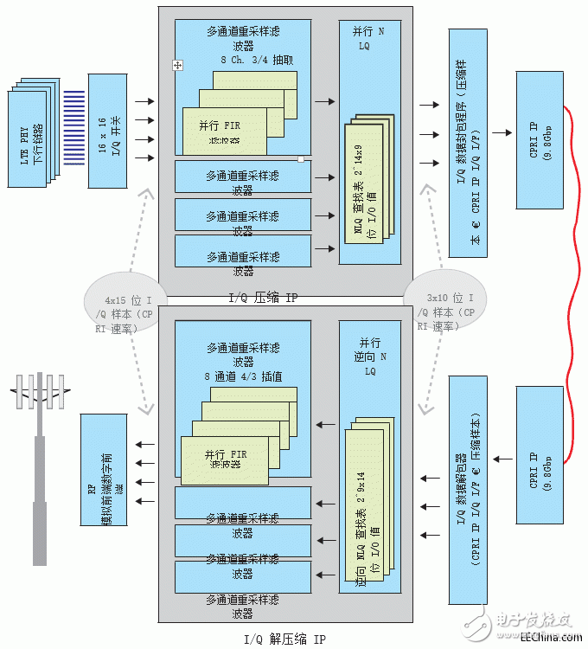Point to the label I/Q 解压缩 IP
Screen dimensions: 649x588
pyautogui.click(x=285, y=639)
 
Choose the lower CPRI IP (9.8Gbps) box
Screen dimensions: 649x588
pyautogui.click(x=540, y=455)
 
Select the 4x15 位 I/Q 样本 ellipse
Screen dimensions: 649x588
pyautogui.click(x=122, y=305)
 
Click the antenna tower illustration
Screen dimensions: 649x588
pyautogui.click(x=40, y=459)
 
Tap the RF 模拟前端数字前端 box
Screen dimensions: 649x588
pyautogui.click(x=105, y=470)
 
